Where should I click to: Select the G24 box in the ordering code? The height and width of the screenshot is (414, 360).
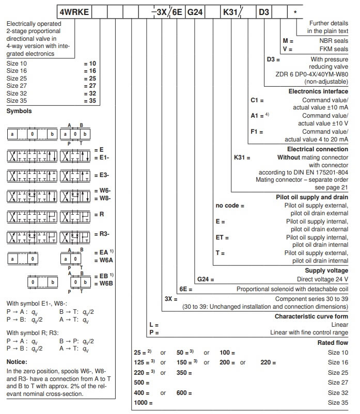pos(194,10)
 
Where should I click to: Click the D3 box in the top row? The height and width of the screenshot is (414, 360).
pos(264,10)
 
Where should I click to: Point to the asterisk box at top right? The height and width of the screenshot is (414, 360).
pos(294,10)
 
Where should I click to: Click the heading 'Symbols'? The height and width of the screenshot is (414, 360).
pos(19,111)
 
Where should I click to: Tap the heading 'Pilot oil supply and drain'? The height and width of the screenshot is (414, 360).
pos(312,197)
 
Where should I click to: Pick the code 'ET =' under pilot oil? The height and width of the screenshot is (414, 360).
pos(222,237)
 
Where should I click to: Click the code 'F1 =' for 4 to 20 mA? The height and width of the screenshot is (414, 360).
pos(256,132)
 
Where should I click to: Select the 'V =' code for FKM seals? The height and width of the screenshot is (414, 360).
pos(287,49)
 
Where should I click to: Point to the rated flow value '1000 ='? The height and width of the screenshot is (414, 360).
pos(141,402)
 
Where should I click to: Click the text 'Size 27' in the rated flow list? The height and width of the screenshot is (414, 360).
pos(338,383)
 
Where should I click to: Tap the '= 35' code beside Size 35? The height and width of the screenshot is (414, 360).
pos(89,102)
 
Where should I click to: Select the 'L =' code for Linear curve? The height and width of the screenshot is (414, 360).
pos(153,324)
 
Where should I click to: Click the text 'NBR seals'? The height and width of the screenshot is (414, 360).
pos(334,41)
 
